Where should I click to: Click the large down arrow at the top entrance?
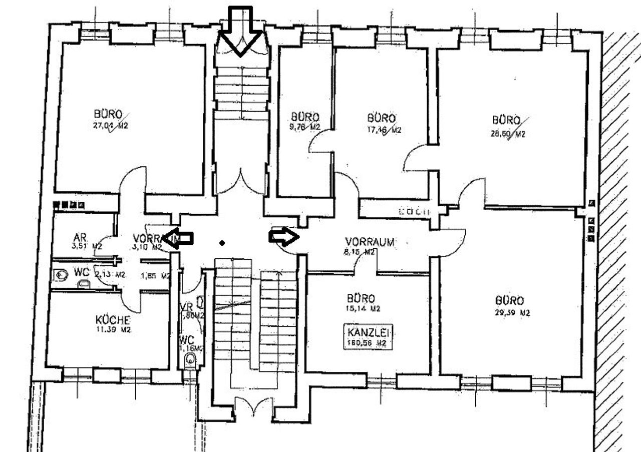pos(241,30)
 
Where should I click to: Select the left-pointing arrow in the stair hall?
pos(178,236)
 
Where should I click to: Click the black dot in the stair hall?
pos(222,243)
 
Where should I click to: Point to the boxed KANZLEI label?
pos(367,331)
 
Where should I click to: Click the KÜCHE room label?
pos(113,320)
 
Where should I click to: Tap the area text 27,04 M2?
pos(110,126)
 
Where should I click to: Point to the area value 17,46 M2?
pos(384,130)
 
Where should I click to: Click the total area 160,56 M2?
pos(367,343)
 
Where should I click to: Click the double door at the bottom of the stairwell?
pos(253,406)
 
